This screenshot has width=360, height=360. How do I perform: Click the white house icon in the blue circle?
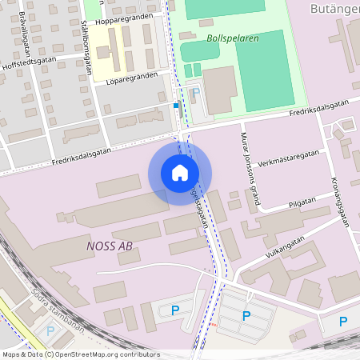180,172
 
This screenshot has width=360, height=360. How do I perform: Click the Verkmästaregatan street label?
289,154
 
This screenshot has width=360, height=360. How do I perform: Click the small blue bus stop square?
176,105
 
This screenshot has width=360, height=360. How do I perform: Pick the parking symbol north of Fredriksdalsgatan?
196,93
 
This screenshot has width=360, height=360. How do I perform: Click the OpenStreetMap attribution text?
80,354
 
